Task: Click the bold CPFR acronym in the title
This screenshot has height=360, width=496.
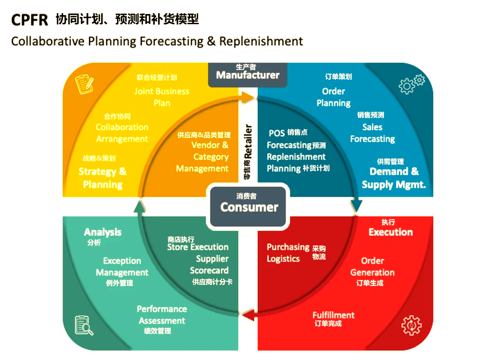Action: click(x=29, y=19)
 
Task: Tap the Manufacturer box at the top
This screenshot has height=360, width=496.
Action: click(x=248, y=74)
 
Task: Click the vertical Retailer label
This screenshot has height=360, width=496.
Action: click(x=248, y=141)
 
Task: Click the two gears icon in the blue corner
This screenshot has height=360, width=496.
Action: click(x=412, y=84)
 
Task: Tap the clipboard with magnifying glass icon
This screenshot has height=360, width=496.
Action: click(x=84, y=325)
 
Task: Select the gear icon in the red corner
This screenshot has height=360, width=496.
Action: click(x=411, y=325)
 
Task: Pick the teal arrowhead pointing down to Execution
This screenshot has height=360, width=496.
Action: click(x=356, y=205)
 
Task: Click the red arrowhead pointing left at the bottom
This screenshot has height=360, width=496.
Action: click(x=248, y=316)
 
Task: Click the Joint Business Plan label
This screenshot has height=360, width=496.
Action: click(x=162, y=97)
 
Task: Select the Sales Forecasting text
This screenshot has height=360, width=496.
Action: click(x=372, y=133)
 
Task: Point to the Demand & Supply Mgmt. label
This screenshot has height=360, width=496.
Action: click(x=394, y=178)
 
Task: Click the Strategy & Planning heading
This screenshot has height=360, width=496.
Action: click(x=103, y=178)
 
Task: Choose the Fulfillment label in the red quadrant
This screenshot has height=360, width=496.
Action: click(x=333, y=315)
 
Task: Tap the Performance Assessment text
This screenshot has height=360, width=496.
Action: click(x=162, y=315)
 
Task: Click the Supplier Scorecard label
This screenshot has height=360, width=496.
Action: click(x=209, y=265)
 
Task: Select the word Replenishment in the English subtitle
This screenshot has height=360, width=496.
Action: click(x=261, y=41)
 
